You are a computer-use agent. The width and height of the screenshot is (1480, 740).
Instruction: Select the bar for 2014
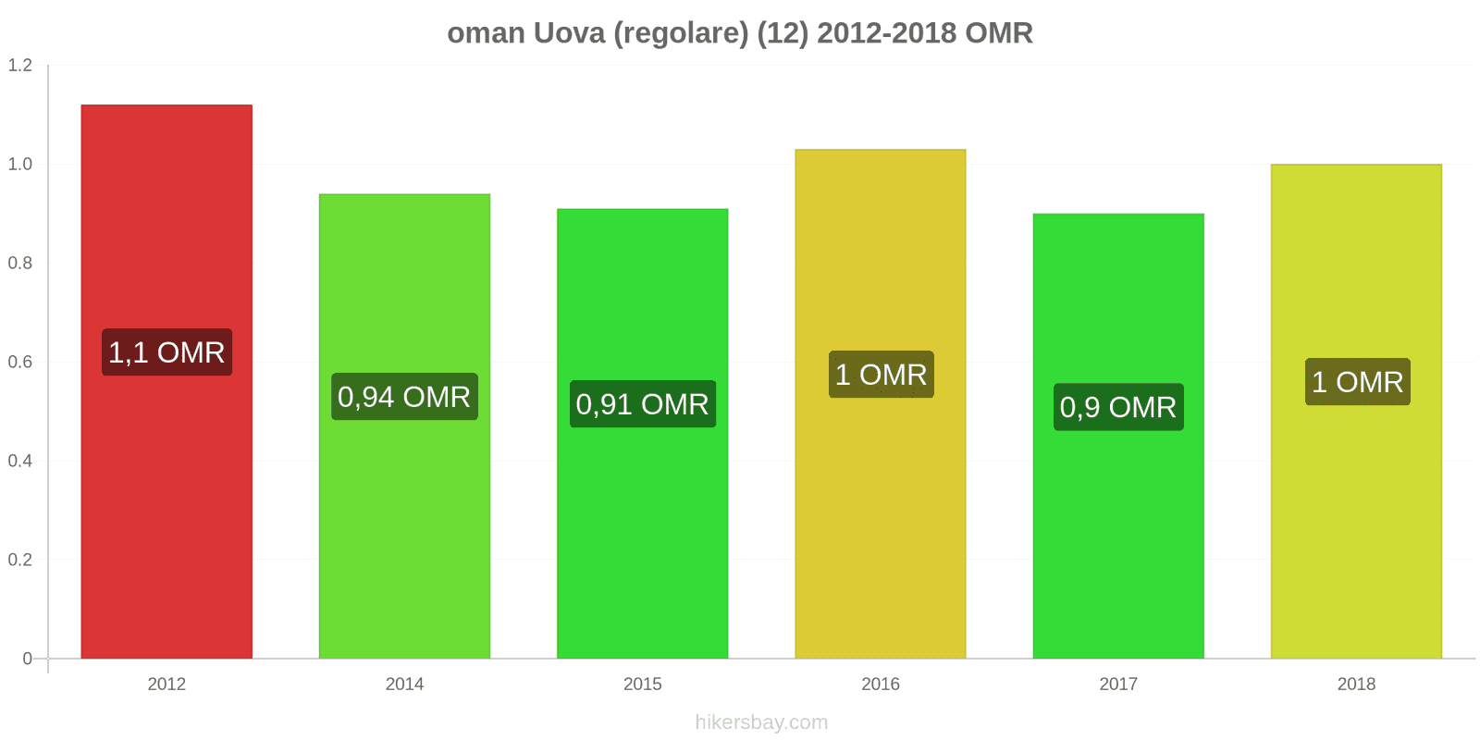pos(404,536)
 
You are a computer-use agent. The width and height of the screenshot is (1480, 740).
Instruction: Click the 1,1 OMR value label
pos(166,352)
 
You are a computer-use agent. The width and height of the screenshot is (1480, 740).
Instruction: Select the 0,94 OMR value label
pos(404,397)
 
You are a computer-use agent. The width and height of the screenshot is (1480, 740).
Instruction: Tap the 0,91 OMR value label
pos(642,404)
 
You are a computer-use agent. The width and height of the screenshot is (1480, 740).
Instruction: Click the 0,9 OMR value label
pos(1117,407)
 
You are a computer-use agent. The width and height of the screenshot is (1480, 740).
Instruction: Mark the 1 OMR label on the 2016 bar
pos(881,375)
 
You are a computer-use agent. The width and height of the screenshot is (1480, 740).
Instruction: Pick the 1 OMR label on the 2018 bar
pos(1357,382)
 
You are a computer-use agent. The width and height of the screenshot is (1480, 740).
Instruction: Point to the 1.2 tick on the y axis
pos(20,66)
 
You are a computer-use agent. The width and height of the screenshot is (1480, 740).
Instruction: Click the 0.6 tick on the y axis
pos(20,362)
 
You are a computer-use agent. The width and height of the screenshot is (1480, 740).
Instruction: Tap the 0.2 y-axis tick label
pos(20,560)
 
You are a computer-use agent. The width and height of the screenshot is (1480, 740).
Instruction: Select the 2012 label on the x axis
pos(166,684)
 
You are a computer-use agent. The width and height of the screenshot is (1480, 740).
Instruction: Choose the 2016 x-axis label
pos(880,684)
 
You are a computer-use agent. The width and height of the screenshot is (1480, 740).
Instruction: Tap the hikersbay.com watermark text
pos(761,722)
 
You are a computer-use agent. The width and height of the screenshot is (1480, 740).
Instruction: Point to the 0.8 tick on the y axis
pos(20,263)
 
